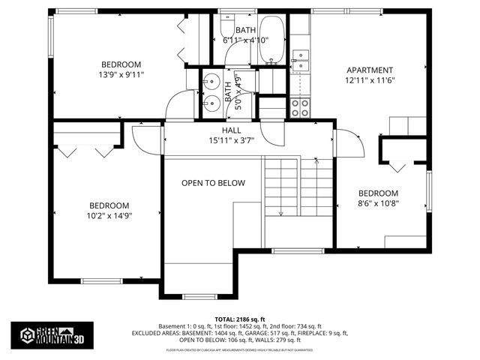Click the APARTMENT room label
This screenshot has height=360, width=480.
pos(369,70)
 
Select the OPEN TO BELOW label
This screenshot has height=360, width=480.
pos(213,183)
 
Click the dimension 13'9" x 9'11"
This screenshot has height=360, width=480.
pos(121,74)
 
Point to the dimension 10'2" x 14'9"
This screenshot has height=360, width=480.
pos(109,216)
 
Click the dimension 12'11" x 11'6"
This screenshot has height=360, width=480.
pos(369,79)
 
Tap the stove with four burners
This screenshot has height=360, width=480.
pos(300,107)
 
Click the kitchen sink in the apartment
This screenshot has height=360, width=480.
pos(300,60)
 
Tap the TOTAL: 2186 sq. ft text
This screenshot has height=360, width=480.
pos(241,318)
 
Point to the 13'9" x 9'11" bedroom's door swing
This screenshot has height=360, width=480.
pos(180,105)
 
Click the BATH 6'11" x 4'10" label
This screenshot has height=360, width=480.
pos(245,35)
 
